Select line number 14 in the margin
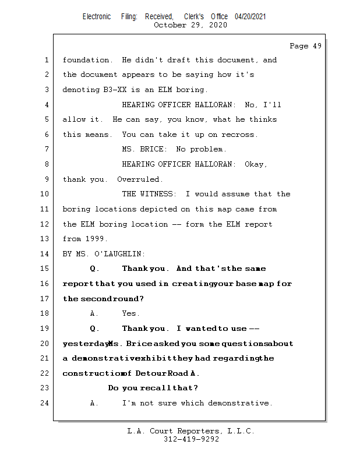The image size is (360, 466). (46, 254)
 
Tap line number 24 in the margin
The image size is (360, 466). (46, 403)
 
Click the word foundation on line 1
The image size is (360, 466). (87, 60)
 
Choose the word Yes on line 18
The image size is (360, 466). (130, 313)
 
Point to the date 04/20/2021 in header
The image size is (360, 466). (250, 17)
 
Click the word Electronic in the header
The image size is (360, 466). (97, 17)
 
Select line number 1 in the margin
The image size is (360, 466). (46, 60)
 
